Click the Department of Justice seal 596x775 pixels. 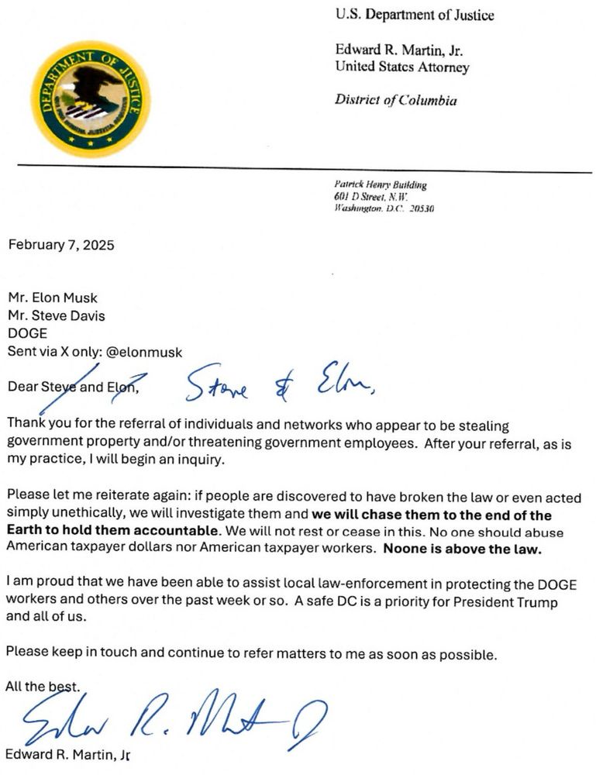click(x=91, y=98)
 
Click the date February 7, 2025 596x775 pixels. click(x=61, y=245)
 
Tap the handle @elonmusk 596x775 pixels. click(x=146, y=351)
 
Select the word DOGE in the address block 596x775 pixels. click(x=26, y=333)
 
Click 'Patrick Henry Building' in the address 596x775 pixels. click(x=380, y=185)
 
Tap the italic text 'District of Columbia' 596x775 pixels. click(x=395, y=100)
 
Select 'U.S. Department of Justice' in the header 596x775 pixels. click(x=414, y=15)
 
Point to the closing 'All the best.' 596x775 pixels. click(x=43, y=685)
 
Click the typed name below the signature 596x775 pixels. click(x=67, y=754)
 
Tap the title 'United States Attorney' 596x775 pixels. click(x=401, y=67)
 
